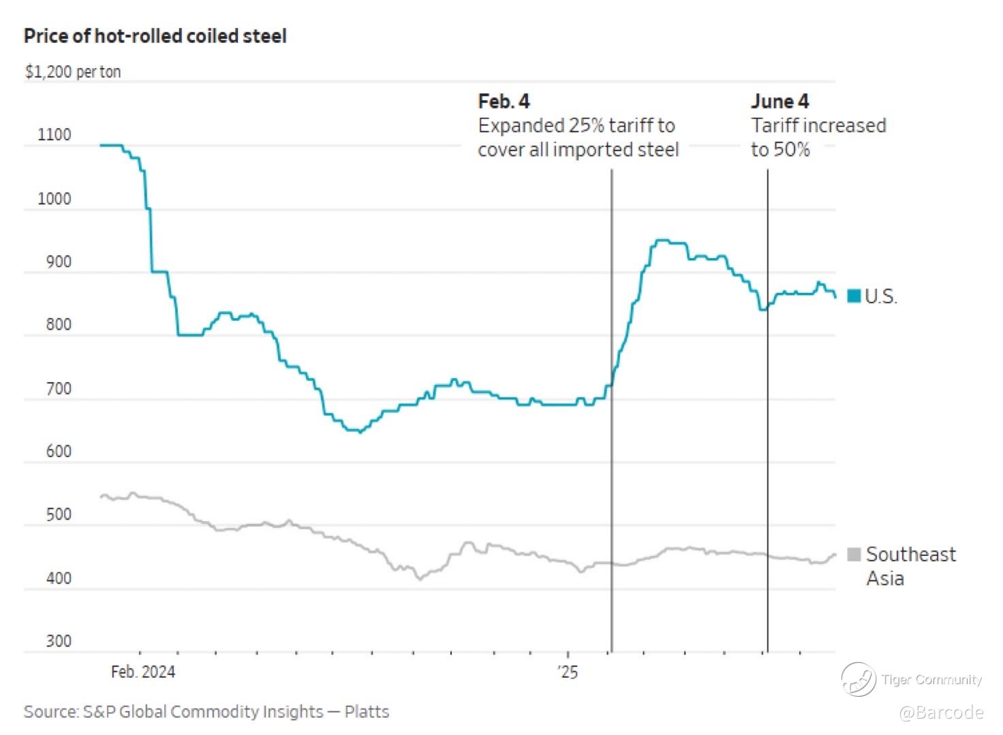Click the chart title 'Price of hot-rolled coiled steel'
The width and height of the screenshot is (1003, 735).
tap(155, 36)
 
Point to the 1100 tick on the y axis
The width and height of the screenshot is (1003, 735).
tap(55, 135)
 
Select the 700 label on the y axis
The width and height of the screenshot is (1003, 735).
tap(59, 389)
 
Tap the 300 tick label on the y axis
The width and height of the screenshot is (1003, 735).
tap(59, 641)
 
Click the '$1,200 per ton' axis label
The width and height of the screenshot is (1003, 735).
tap(73, 72)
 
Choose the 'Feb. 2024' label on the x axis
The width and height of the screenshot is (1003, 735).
tap(143, 672)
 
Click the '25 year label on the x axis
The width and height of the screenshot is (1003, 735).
tap(567, 672)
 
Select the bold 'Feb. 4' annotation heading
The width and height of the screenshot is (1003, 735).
tap(504, 101)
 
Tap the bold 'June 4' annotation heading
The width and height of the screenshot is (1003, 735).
tap(780, 101)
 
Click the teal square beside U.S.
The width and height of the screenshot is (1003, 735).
tap(854, 296)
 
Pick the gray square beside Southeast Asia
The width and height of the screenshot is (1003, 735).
tap(854, 554)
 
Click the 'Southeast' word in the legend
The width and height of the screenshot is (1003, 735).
tap(910, 554)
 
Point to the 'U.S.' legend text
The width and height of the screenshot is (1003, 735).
tap(881, 296)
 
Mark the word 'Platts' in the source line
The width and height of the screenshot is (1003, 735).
tap(367, 712)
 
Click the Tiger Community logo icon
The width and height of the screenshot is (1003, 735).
tap(858, 679)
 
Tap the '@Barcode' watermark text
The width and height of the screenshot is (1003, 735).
tap(941, 713)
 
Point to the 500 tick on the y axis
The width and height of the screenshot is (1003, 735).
tap(59, 514)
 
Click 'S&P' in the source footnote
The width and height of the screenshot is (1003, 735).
tap(99, 712)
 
